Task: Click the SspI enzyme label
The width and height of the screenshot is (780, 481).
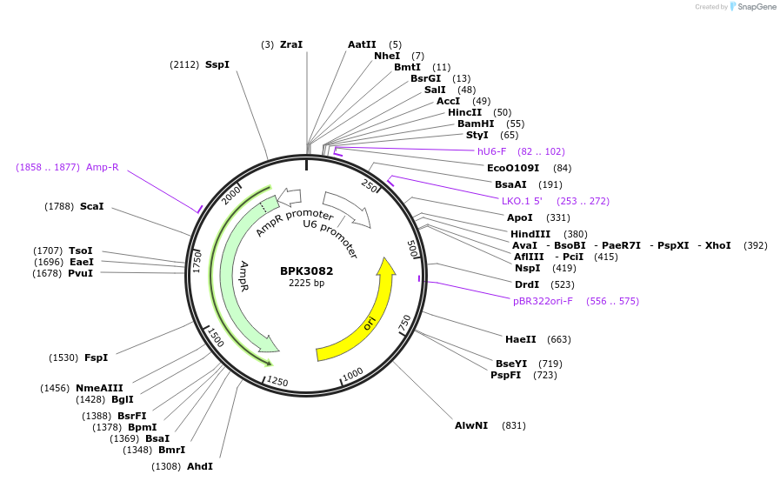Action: coord(217,64)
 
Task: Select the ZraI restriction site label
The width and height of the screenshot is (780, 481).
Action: coord(291,44)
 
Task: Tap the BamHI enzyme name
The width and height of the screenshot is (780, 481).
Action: coord(476,124)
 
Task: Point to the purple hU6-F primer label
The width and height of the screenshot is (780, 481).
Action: coord(491,151)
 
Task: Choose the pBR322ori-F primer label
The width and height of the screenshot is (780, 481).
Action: coord(543,301)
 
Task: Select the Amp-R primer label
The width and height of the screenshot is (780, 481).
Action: coord(103,167)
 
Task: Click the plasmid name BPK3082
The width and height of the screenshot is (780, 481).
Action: coord(306,271)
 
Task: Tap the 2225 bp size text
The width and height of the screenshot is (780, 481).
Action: coord(306,283)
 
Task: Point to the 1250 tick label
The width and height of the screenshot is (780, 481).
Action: coord(277,381)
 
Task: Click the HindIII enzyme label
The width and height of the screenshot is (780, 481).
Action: coord(530,234)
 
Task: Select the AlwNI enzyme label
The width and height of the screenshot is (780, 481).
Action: coord(471,425)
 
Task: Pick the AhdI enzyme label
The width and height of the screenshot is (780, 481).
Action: coord(200,466)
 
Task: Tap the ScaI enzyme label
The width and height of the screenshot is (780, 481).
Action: coord(91,206)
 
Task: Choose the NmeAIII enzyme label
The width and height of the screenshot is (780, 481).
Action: coord(99,388)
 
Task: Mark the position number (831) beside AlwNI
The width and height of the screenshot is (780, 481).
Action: coord(514,425)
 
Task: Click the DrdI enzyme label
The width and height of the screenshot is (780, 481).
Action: coord(527,284)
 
